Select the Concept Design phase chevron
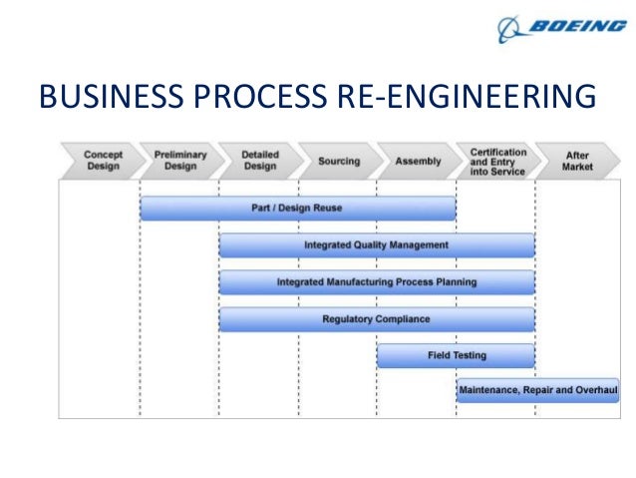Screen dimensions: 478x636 pos(101,161)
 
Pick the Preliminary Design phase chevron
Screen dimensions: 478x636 pos(180,161)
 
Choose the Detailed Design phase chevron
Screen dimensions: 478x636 pos(260,161)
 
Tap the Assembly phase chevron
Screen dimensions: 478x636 pos(418,161)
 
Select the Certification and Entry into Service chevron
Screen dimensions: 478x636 pos(497,161)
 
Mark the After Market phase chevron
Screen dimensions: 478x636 pos(577,161)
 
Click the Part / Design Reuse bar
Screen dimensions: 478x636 pos(298,209)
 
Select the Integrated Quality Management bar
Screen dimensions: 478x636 pos(376,244)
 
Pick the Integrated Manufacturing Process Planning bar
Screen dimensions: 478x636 pos(376,281)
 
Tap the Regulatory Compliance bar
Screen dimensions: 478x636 pos(376,319)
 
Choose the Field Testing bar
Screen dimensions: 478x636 pos(456,355)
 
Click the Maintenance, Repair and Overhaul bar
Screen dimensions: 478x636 pos(537,390)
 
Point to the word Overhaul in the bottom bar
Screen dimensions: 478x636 pos(596,390)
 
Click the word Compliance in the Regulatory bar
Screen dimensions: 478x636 pos(402,319)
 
